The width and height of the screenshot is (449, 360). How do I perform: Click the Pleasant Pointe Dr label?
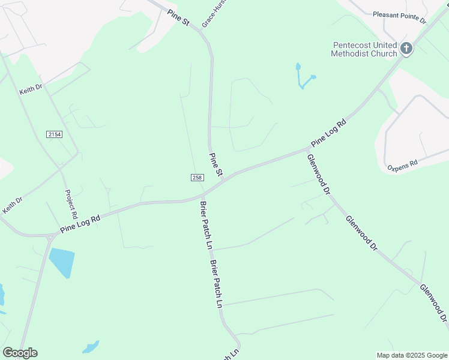[x=399, y=17]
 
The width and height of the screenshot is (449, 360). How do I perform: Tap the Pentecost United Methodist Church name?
[x=364, y=49]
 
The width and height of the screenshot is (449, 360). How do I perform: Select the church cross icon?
[x=406, y=49]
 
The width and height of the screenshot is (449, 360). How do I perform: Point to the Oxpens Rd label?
[x=402, y=165]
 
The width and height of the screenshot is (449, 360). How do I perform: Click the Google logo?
[x=20, y=353]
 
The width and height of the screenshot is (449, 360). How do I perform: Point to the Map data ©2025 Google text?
[x=412, y=355]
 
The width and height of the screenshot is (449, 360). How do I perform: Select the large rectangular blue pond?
[x=61, y=262]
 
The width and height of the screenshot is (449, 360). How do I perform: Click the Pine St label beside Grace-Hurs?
[x=178, y=17]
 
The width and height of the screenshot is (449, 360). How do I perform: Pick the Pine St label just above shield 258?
[x=215, y=165]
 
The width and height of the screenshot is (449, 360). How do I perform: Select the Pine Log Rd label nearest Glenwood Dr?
[x=329, y=134]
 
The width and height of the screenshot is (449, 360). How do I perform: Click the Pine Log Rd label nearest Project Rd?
[x=80, y=225]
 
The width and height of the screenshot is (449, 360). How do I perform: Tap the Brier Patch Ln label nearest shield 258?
[x=205, y=225]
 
